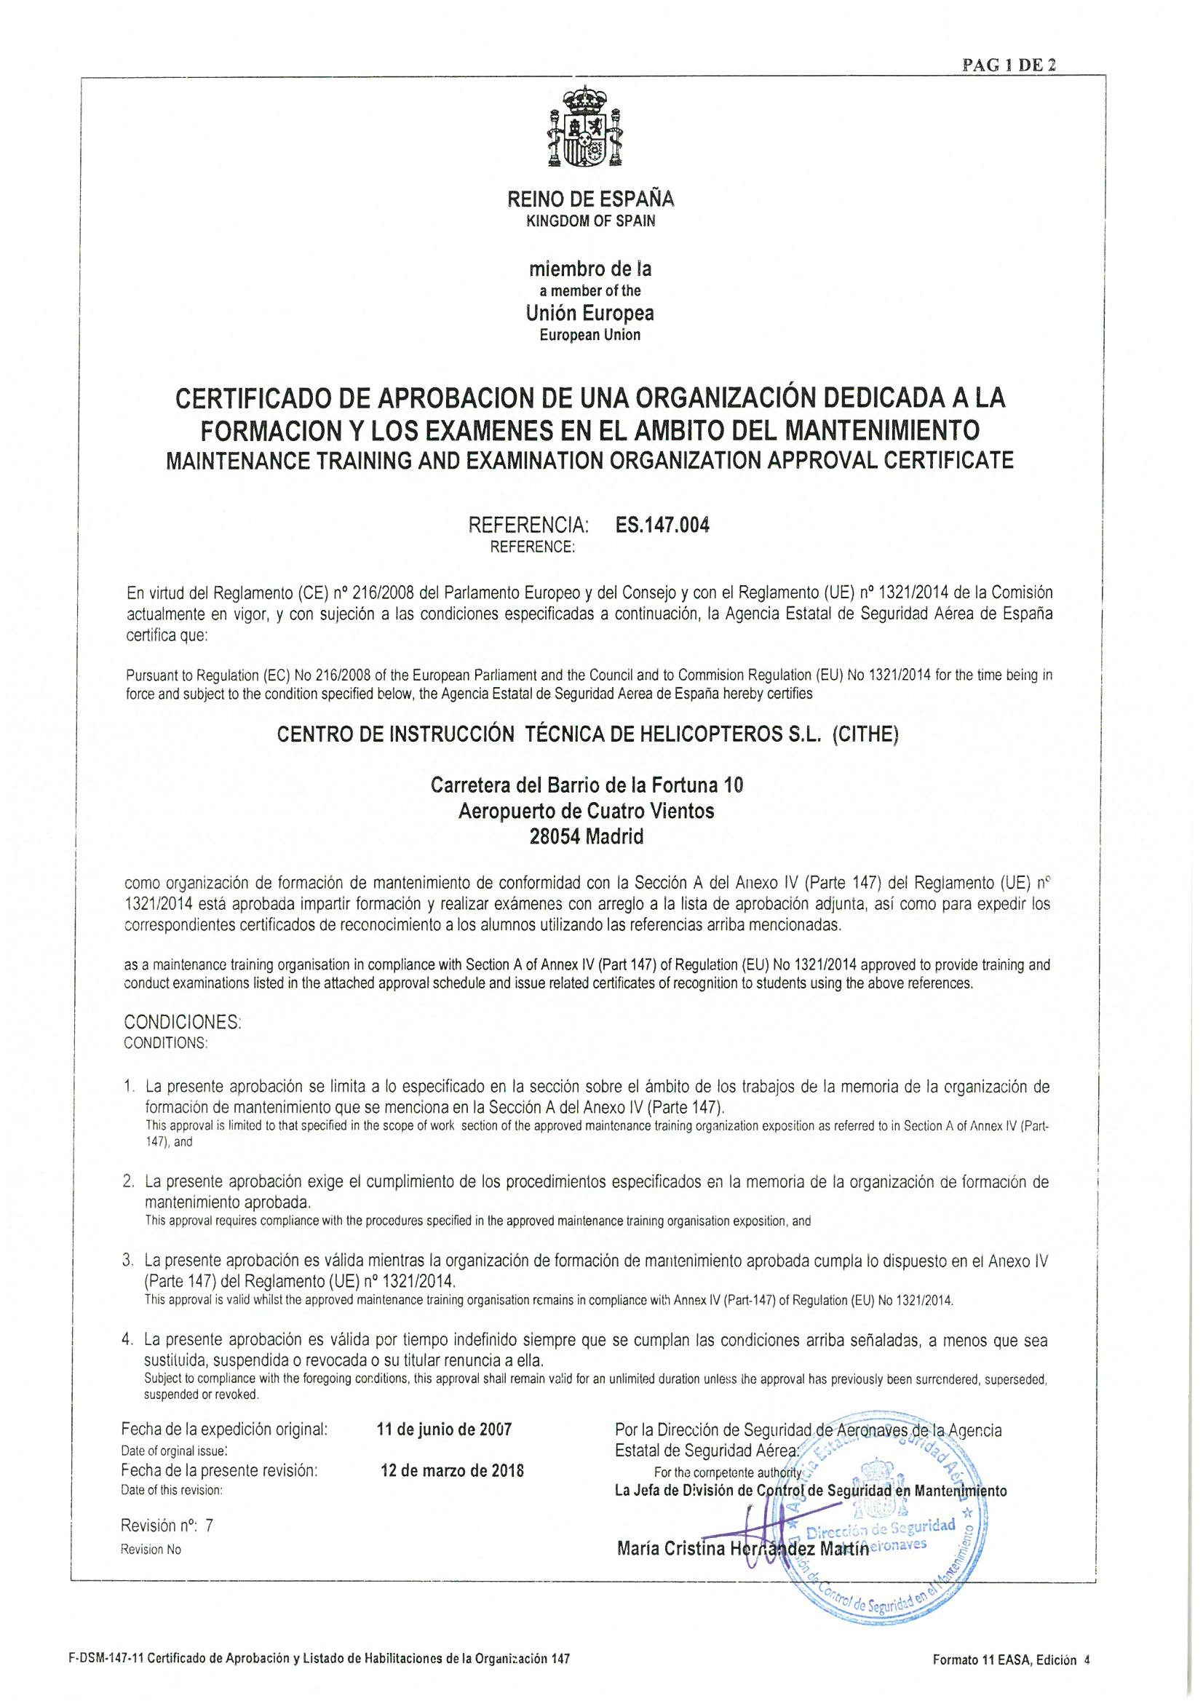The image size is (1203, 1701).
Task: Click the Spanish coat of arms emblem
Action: [584, 127]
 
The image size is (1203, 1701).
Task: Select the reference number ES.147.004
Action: [662, 526]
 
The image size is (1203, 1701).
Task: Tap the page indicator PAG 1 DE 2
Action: [1009, 66]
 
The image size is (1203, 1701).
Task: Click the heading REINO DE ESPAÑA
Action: [590, 199]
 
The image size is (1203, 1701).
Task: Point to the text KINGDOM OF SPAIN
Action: [590, 221]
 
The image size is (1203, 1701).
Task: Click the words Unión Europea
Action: [589, 313]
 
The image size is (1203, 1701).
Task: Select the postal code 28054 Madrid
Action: [587, 836]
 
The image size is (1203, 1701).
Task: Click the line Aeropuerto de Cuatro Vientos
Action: [587, 811]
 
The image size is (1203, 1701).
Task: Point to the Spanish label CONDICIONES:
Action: [182, 1022]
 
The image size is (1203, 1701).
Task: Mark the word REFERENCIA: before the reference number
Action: [528, 526]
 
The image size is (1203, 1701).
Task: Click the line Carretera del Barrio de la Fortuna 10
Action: [587, 785]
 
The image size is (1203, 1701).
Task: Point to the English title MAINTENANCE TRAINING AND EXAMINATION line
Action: [589, 460]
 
